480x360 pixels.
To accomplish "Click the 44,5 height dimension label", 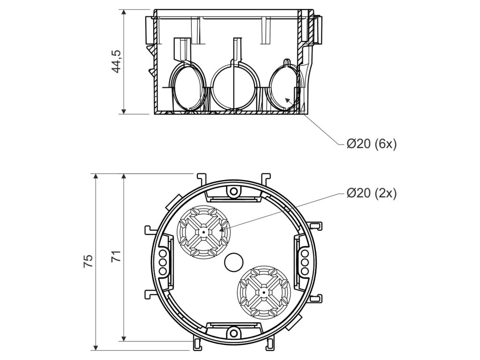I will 116,61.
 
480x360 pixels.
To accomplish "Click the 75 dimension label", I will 88,261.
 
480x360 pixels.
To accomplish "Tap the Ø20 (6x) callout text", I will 371,144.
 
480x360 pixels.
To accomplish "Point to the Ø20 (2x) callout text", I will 371,193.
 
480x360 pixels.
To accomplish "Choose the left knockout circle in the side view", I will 188,87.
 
